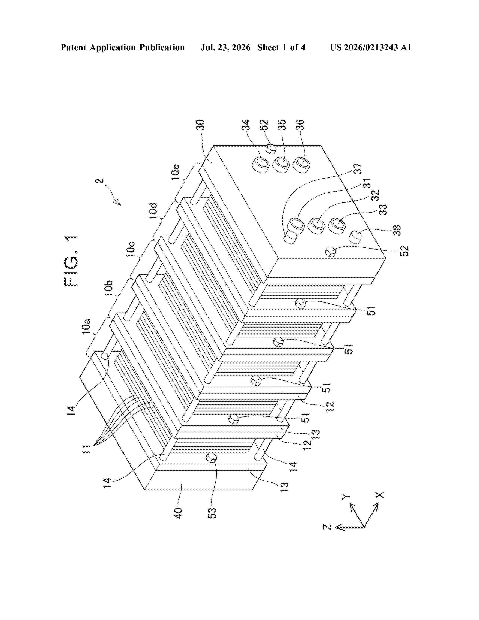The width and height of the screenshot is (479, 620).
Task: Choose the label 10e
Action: pos(175,172)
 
